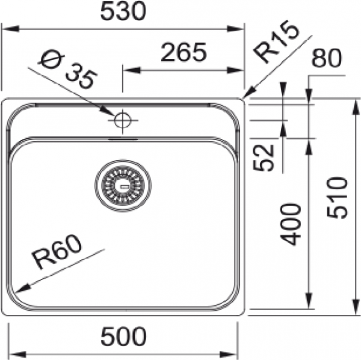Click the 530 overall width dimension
pyautogui.click(x=123, y=11)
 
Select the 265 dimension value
pyautogui.click(x=184, y=52)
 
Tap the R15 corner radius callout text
pyautogui.click(x=276, y=42)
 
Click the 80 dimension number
pyautogui.click(x=326, y=58)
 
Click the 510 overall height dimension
pyautogui.click(x=337, y=198)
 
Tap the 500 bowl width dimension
pyautogui.click(x=123, y=337)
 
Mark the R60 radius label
pyautogui.click(x=57, y=252)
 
